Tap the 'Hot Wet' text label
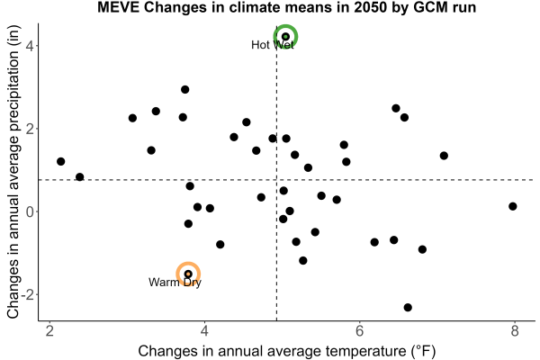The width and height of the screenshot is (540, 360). [273, 45]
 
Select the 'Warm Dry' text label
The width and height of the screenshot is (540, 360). [175, 283]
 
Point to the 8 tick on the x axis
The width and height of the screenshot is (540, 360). [515, 331]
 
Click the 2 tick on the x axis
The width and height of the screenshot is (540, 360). [49, 331]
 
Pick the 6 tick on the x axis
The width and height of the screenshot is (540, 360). [359, 331]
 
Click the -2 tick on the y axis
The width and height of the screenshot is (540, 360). [28, 294]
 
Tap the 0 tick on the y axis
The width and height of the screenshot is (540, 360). [31, 211]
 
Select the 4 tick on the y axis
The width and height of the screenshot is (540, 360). [31, 46]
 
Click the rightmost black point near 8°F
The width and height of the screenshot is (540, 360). [512, 206]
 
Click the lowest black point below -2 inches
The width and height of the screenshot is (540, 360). [408, 307]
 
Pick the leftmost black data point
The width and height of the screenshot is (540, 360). [60, 161]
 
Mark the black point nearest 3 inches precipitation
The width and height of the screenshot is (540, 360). [184, 90]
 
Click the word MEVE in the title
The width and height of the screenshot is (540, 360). [118, 7]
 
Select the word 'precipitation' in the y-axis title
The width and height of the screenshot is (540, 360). [13, 130]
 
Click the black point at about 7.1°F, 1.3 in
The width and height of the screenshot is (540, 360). [444, 156]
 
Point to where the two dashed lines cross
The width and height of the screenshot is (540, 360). [277, 180]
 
